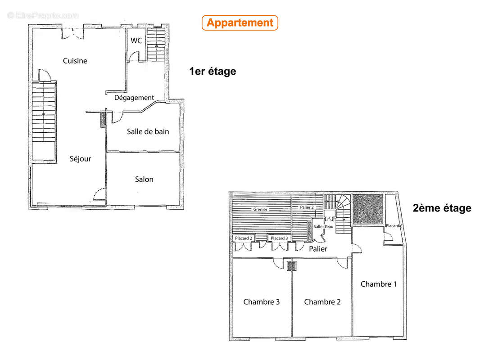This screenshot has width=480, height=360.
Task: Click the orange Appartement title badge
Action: point(240,22)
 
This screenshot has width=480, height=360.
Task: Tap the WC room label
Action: point(136,40)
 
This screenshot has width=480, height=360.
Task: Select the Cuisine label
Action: point(75,61)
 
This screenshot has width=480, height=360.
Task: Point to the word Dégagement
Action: point(134,98)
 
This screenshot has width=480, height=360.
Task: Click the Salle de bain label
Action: point(148,131)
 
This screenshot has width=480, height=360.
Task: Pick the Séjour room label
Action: point(80,159)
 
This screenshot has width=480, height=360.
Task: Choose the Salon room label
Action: point(144,179)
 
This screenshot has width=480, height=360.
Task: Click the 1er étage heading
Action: point(213,71)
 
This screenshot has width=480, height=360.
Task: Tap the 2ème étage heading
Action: point(442,208)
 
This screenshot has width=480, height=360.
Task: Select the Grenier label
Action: point(260,210)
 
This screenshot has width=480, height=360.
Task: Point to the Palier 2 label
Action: point(307,207)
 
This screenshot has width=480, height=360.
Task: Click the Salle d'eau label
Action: point(323,227)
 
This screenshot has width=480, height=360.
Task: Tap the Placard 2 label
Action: point(244,238)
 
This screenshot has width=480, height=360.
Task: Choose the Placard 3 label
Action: point(279,238)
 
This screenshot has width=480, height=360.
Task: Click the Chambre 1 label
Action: point(378,284)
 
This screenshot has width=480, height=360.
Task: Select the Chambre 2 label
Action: point(322,302)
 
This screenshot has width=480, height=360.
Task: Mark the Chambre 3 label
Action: point(262,302)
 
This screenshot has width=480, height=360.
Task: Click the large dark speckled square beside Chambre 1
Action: point(368,209)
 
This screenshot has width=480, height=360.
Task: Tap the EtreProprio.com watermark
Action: point(43,15)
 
